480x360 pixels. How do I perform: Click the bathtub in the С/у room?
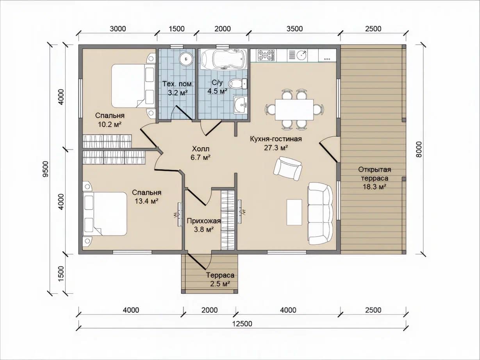(224, 59)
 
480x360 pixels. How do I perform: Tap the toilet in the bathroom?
(238, 84)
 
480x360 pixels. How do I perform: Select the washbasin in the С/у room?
(240, 105)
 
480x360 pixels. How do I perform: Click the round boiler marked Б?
(186, 59)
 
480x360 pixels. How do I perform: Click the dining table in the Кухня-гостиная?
(294, 109)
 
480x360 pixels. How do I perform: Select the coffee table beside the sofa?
(294, 212)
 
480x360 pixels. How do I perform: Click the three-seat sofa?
(321, 214)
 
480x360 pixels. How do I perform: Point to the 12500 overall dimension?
(242, 324)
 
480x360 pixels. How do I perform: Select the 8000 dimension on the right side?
(419, 149)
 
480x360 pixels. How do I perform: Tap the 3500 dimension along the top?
(295, 29)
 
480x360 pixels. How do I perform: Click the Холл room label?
(200, 149)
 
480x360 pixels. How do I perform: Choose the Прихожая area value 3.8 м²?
(203, 230)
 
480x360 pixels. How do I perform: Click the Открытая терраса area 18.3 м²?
(375, 187)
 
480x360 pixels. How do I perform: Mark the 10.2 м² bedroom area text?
(110, 125)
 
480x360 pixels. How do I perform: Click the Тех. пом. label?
(178, 84)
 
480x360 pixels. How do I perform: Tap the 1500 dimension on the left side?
(62, 274)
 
